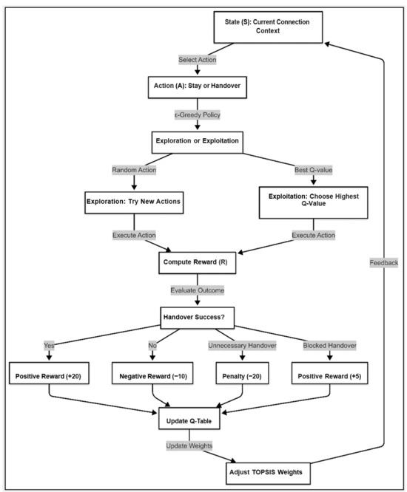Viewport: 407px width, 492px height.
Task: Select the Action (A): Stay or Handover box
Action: [197, 86]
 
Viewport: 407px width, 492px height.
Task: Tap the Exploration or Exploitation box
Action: [197, 141]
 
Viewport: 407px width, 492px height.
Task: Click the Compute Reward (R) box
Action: [197, 262]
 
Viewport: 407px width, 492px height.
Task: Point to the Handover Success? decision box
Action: [197, 318]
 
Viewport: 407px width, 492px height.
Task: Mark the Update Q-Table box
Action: [197, 420]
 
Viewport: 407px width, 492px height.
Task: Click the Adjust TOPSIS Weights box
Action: [267, 471]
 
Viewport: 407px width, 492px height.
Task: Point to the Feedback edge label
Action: [384, 262]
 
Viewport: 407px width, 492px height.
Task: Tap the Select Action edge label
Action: [197, 58]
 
